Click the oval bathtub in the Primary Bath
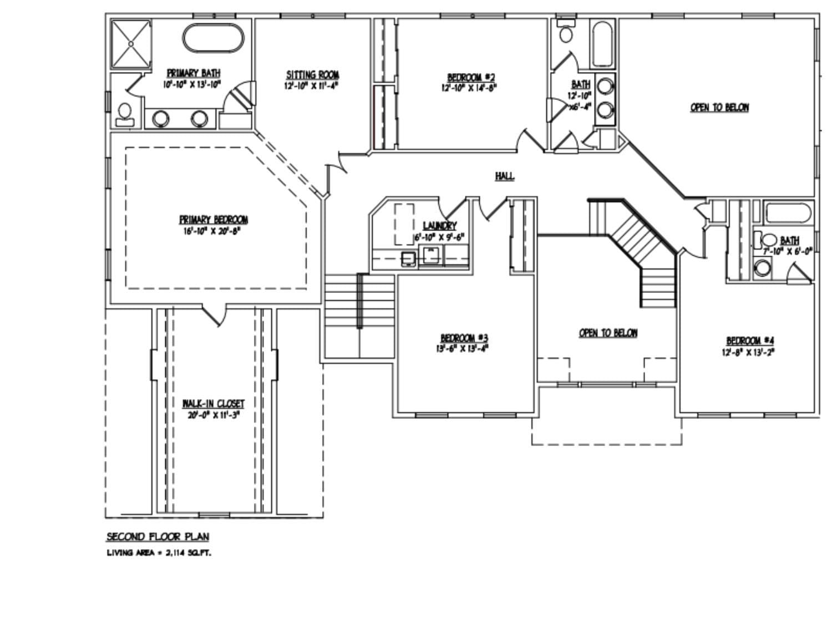coord(213,39)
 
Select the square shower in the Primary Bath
coord(131,44)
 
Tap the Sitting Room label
coord(312,75)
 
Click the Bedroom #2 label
coord(471,77)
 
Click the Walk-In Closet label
coord(214,403)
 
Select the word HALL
coord(504,176)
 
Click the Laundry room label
coord(439,226)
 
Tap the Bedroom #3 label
coord(464,338)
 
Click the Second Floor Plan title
coord(158,536)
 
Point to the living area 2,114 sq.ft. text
coord(159,553)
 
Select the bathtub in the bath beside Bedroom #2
coord(603,43)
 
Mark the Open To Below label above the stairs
coord(608,333)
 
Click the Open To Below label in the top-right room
coord(719,108)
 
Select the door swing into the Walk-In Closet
coord(214,314)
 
